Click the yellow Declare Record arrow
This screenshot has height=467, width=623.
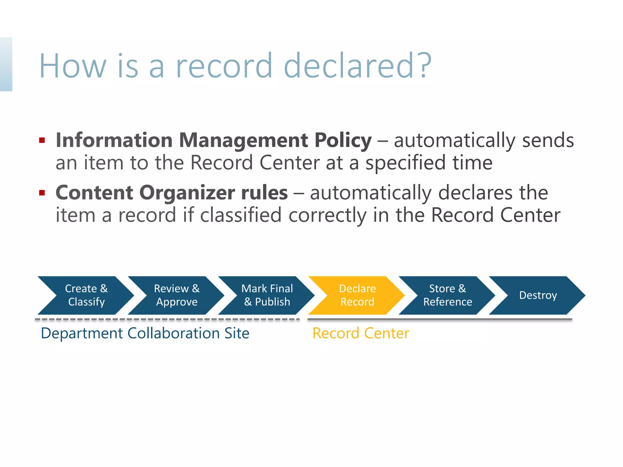click(x=357, y=295)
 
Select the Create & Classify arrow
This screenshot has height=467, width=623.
click(x=86, y=295)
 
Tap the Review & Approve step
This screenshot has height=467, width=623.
click(x=177, y=295)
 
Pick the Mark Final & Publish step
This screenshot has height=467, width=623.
click(x=267, y=295)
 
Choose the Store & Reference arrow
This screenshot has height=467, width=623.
click(x=447, y=295)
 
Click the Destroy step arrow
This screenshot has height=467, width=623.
click(x=538, y=295)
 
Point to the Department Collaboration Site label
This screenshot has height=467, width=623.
click(x=145, y=333)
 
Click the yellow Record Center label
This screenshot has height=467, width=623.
click(x=361, y=333)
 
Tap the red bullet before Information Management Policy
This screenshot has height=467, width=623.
click(x=42, y=140)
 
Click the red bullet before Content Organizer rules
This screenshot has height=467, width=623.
click(x=42, y=193)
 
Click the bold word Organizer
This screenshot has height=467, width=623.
click(x=187, y=193)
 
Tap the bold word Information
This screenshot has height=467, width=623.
click(x=114, y=140)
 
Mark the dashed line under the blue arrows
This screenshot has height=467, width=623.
click(x=167, y=320)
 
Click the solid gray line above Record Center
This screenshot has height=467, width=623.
click(x=440, y=320)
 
